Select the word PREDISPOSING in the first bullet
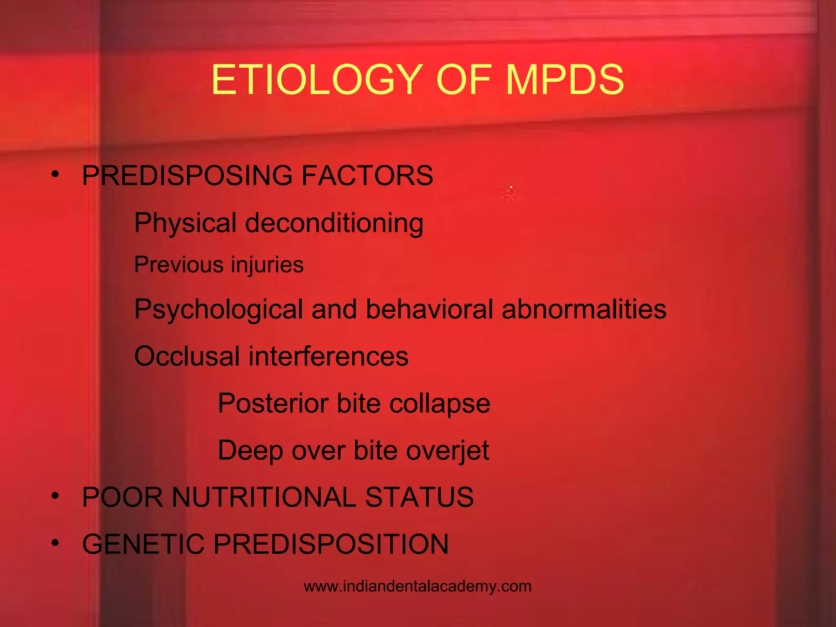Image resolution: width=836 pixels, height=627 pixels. pyautogui.click(x=187, y=176)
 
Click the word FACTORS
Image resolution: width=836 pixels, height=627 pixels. pyautogui.click(x=367, y=176)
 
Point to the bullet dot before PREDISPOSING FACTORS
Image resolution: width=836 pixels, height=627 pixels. pyautogui.click(x=56, y=175)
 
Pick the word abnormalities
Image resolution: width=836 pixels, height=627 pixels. pyautogui.click(x=584, y=309)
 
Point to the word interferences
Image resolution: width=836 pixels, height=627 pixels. pyautogui.click(x=328, y=356)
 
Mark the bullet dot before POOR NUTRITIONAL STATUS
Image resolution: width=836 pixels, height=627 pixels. pyautogui.click(x=56, y=496)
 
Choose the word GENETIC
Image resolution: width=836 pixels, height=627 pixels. pyautogui.click(x=143, y=544)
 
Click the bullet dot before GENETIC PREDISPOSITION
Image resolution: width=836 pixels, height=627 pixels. pyautogui.click(x=56, y=543)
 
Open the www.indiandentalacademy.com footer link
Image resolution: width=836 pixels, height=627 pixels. pyautogui.click(x=418, y=587)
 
